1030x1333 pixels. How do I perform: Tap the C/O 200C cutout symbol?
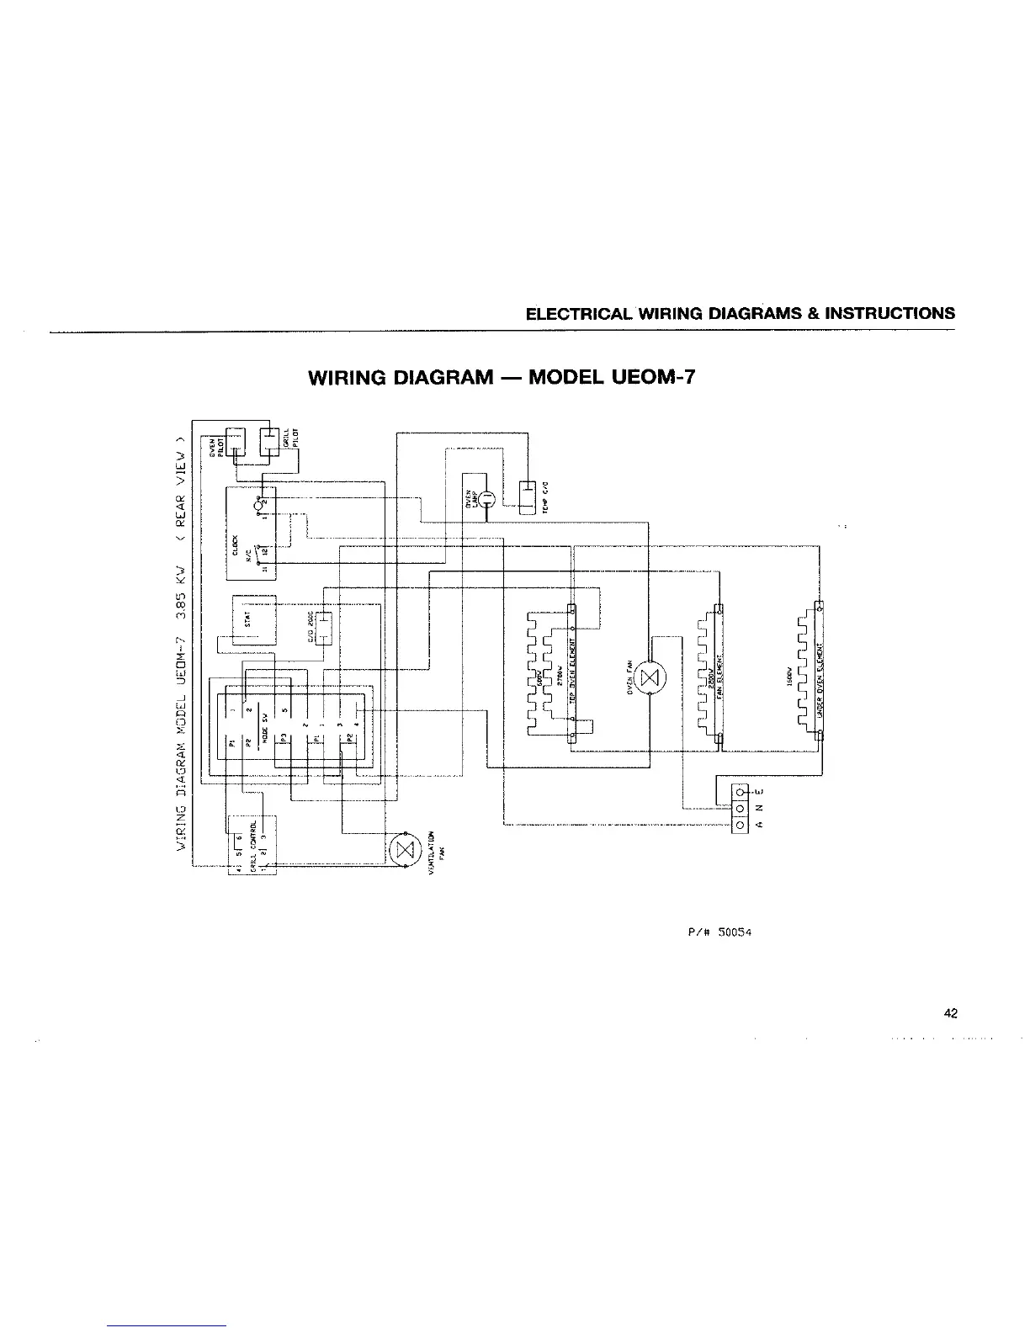pos(323,626)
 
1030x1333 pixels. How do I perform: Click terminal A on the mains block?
pos(740,825)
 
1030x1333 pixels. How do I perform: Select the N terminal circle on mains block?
pos(740,809)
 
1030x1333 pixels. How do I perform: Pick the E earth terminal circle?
pos(740,793)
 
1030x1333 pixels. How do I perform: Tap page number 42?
pos(950,1013)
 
